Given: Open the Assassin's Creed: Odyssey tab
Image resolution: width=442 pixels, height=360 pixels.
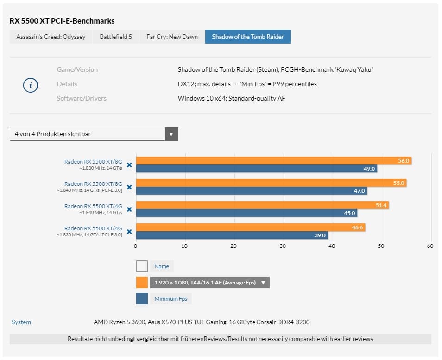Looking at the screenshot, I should click(x=51, y=37).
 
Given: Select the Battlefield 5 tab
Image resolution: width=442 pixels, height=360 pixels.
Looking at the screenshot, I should click(x=116, y=37).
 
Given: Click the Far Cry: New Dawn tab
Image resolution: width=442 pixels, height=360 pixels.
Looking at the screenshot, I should click(x=172, y=37).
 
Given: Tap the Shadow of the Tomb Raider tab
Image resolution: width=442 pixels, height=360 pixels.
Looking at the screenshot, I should click(x=248, y=37).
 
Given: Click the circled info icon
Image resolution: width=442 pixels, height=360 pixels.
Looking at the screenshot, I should click(x=31, y=85).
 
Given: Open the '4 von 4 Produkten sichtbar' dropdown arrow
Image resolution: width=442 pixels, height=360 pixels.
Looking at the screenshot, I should click(x=171, y=134).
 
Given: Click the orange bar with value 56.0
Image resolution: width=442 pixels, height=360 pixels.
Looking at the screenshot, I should click(x=273, y=161).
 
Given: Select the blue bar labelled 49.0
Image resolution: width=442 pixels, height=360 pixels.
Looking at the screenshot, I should click(x=256, y=169).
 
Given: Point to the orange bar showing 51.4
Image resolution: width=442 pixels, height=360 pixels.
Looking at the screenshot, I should click(x=262, y=205).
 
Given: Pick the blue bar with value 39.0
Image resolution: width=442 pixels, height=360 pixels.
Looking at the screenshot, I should click(x=232, y=235).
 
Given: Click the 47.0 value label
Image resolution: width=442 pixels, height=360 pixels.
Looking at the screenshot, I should click(x=360, y=190).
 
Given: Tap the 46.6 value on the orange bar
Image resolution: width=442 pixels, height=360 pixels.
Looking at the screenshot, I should click(x=358, y=228).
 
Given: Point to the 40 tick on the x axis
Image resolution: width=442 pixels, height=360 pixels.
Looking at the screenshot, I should click(x=332, y=246).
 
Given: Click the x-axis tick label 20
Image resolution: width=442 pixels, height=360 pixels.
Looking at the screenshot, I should click(x=234, y=246).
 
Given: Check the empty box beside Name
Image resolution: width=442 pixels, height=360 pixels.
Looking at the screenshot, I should click(x=142, y=266).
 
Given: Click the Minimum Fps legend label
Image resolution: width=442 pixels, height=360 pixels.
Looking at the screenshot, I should click(x=170, y=299).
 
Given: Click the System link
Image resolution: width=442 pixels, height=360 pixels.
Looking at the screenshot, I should click(x=21, y=322).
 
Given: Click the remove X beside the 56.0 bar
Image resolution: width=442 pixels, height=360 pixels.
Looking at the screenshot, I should click(x=129, y=164).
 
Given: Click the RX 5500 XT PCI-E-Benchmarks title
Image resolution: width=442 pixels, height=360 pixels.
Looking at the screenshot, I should click(x=62, y=21).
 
